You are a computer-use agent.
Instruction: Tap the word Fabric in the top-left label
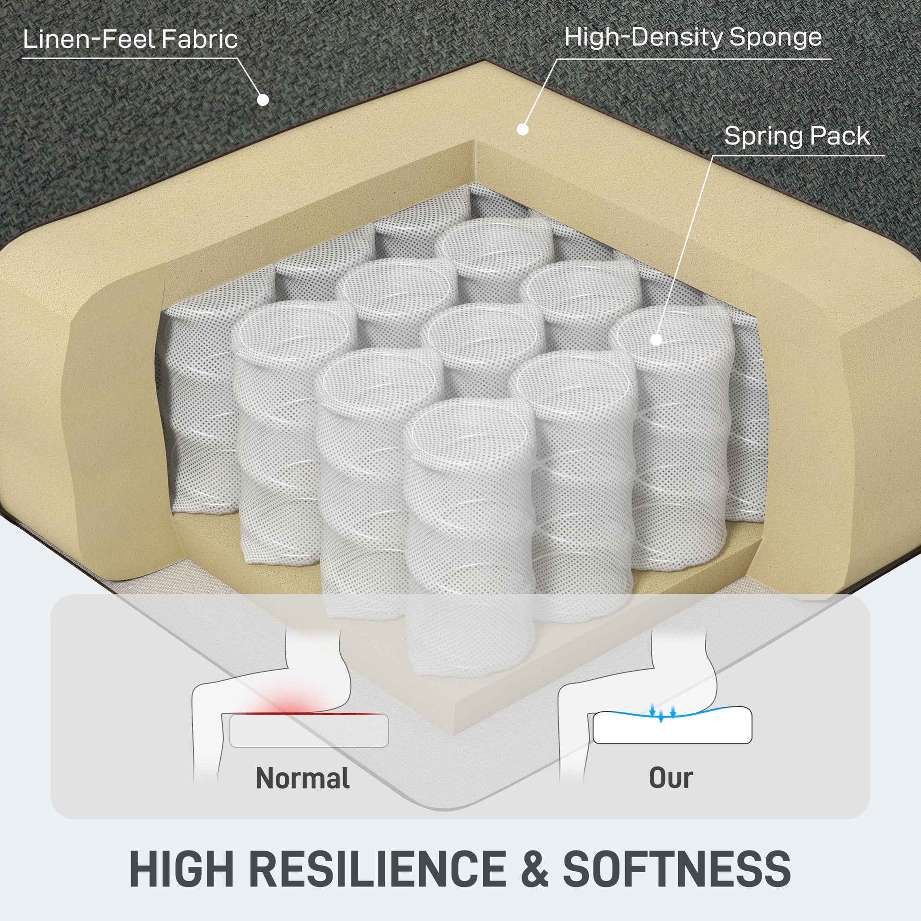click(199, 39)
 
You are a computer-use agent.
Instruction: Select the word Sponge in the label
click(776, 38)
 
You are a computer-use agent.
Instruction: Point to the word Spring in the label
click(763, 136)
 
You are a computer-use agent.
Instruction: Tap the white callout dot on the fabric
click(263, 100)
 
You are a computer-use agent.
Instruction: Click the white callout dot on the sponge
click(522, 129)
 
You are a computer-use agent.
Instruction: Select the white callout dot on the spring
click(656, 339)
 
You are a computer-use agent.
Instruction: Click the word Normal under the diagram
click(303, 778)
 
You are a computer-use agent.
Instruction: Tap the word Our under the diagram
click(671, 778)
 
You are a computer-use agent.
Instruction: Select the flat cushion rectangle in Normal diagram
click(309, 731)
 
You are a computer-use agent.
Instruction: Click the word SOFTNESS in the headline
click(677, 868)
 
